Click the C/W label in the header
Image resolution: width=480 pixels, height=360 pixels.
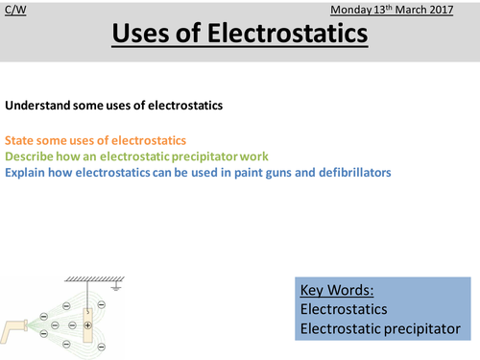(14, 11)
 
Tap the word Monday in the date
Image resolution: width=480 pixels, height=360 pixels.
(351, 11)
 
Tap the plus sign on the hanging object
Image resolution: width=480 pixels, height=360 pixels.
(87, 325)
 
